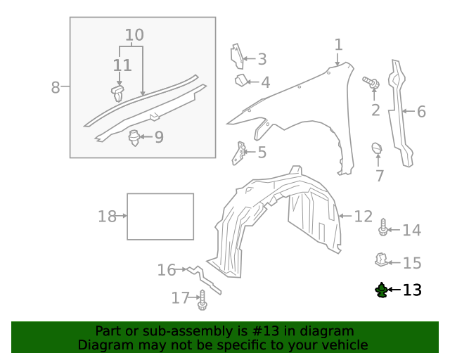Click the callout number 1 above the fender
338,45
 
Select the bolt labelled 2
371,83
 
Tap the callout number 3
262,60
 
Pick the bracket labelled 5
240,153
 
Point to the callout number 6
421,111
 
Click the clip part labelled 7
377,148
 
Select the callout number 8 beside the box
56,88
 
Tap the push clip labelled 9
134,137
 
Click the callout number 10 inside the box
134,35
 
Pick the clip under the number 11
118,92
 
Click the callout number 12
363,216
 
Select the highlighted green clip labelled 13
382,290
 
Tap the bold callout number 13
412,290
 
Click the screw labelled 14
383,227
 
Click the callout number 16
167,270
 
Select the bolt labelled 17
202,300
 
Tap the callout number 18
107,217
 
